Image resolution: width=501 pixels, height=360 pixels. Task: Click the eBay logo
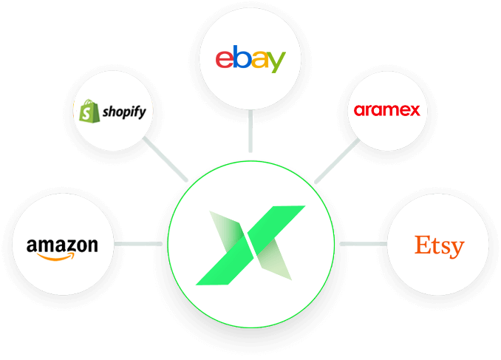point(250,59)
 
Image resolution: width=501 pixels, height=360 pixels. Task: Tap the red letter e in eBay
point(225,59)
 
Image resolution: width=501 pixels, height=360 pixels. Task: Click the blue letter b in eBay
point(242,57)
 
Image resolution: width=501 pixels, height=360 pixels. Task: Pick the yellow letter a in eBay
point(259,59)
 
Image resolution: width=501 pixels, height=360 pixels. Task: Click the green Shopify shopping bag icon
point(89,112)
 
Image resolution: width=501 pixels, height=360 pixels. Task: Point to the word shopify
point(124,112)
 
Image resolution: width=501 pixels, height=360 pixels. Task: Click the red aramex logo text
point(387,110)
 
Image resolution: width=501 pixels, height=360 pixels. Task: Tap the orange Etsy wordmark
point(440,246)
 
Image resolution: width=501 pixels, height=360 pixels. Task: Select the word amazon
point(62,246)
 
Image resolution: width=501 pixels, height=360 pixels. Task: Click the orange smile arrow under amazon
point(55,257)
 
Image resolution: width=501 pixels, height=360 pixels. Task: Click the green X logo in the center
point(250,245)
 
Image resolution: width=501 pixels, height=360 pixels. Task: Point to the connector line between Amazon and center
point(138,244)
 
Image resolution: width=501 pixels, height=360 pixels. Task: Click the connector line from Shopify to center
point(166,159)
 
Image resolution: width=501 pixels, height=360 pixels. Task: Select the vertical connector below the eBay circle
point(250,131)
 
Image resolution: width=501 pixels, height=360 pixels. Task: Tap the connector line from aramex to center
point(337,161)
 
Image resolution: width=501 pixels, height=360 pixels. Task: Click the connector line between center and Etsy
point(364,244)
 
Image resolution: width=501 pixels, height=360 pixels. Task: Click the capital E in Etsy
point(423,245)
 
